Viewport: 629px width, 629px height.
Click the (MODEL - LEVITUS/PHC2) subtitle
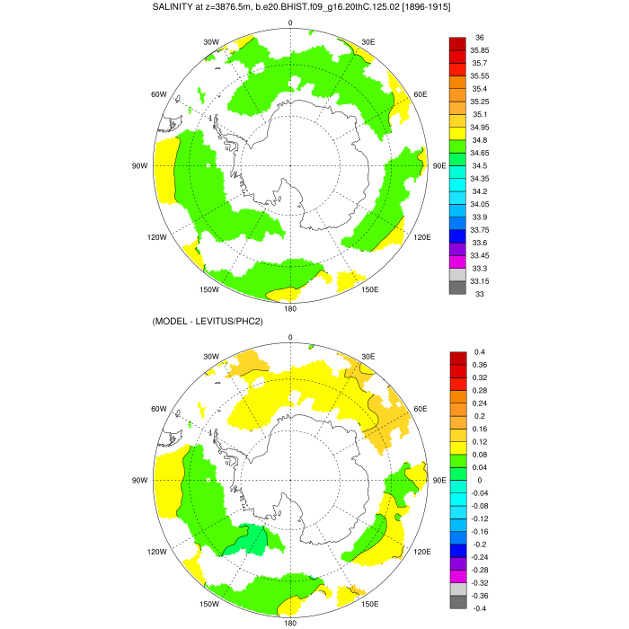click(210, 322)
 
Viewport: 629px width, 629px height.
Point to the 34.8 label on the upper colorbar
click(480, 140)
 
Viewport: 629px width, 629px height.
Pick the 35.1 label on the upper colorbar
click(480, 114)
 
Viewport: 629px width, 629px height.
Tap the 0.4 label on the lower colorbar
click(478, 351)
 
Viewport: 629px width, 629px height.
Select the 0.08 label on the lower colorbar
click(480, 454)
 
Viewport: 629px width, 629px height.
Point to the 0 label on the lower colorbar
click(475, 480)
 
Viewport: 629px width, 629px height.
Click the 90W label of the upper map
click(139, 166)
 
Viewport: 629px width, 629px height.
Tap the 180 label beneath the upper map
click(290, 308)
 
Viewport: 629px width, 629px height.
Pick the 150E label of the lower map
click(370, 604)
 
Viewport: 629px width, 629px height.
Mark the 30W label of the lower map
click(210, 356)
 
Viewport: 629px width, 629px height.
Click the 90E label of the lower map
click(439, 480)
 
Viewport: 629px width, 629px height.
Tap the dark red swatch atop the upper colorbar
click(457, 43)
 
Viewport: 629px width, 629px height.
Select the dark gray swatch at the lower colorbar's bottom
click(457, 601)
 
